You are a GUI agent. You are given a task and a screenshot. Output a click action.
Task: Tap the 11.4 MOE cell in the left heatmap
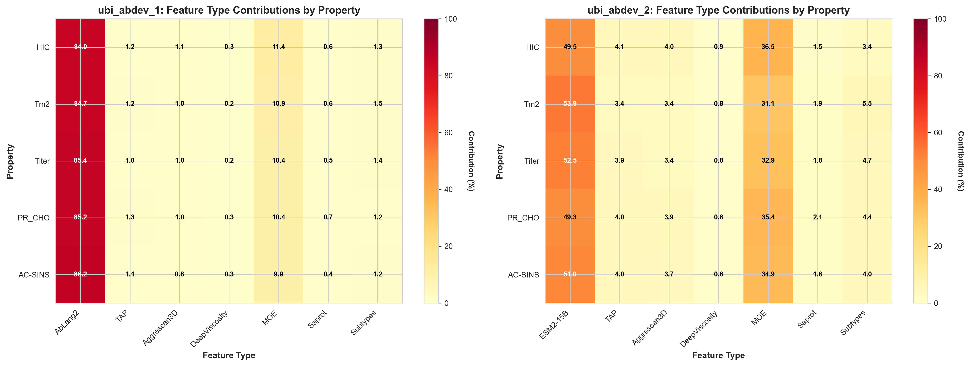coord(279,47)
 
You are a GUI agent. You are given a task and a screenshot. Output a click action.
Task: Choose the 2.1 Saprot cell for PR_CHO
coord(817,217)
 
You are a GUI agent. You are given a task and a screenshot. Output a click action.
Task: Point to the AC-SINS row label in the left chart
coord(34,275)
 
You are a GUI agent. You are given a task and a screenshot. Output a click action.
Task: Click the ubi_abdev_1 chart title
coord(229,10)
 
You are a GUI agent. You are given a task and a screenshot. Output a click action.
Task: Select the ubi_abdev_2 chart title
coord(719,10)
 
